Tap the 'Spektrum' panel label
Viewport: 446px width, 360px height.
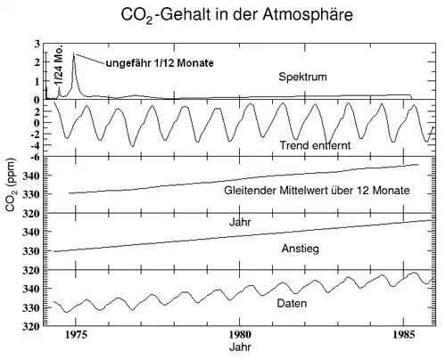point(303,77)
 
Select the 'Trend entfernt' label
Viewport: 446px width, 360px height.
point(314,144)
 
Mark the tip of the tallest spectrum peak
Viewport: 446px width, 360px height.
point(74,53)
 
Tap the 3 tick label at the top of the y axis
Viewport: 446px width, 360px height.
point(37,44)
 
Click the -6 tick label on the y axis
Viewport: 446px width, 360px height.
point(34,157)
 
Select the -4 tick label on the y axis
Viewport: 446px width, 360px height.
point(34,143)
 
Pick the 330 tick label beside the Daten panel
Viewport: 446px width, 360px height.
point(29,308)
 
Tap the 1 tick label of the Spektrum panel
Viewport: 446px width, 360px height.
point(37,81)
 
